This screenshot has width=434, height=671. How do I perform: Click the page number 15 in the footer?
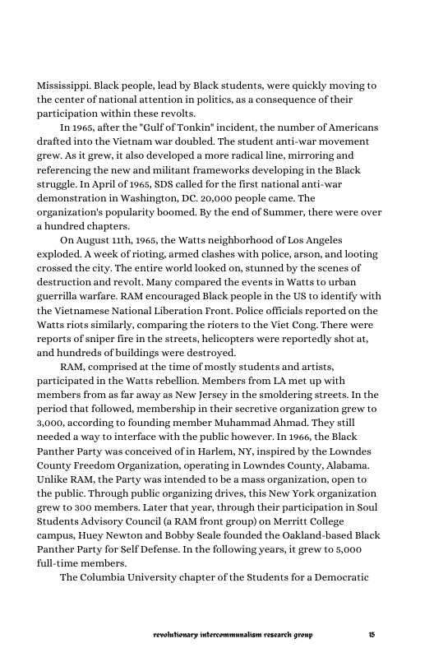[x=372, y=636]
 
